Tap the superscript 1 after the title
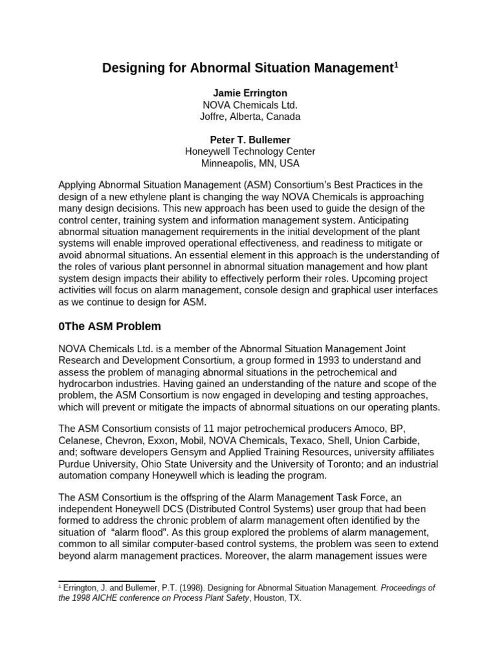coord(396,64)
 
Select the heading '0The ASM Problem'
coord(109,326)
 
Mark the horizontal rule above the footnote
coord(107,581)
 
